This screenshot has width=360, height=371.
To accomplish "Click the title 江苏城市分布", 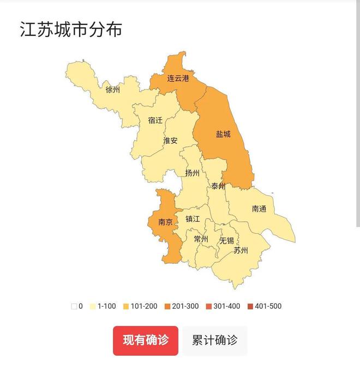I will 71,29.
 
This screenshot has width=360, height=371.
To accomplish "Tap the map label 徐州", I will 112,90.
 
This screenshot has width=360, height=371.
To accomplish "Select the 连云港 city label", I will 178,78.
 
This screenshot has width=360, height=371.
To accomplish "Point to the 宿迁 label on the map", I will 155,120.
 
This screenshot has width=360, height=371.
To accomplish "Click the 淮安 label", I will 170,141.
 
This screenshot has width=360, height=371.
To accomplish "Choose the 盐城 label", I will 223,134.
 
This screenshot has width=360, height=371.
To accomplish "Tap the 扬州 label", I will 192,174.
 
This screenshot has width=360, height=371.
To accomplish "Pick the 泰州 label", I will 218,186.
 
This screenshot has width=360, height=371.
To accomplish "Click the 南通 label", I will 260,209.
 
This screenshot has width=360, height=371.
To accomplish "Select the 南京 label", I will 165,222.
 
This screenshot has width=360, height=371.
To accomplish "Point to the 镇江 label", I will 193,219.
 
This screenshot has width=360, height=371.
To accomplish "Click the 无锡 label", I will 226,240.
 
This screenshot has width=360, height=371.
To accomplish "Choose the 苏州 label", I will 241,251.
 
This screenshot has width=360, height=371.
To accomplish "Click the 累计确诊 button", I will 215,340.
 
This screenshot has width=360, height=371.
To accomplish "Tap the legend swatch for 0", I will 74,306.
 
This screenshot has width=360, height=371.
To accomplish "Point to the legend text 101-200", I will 144,306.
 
